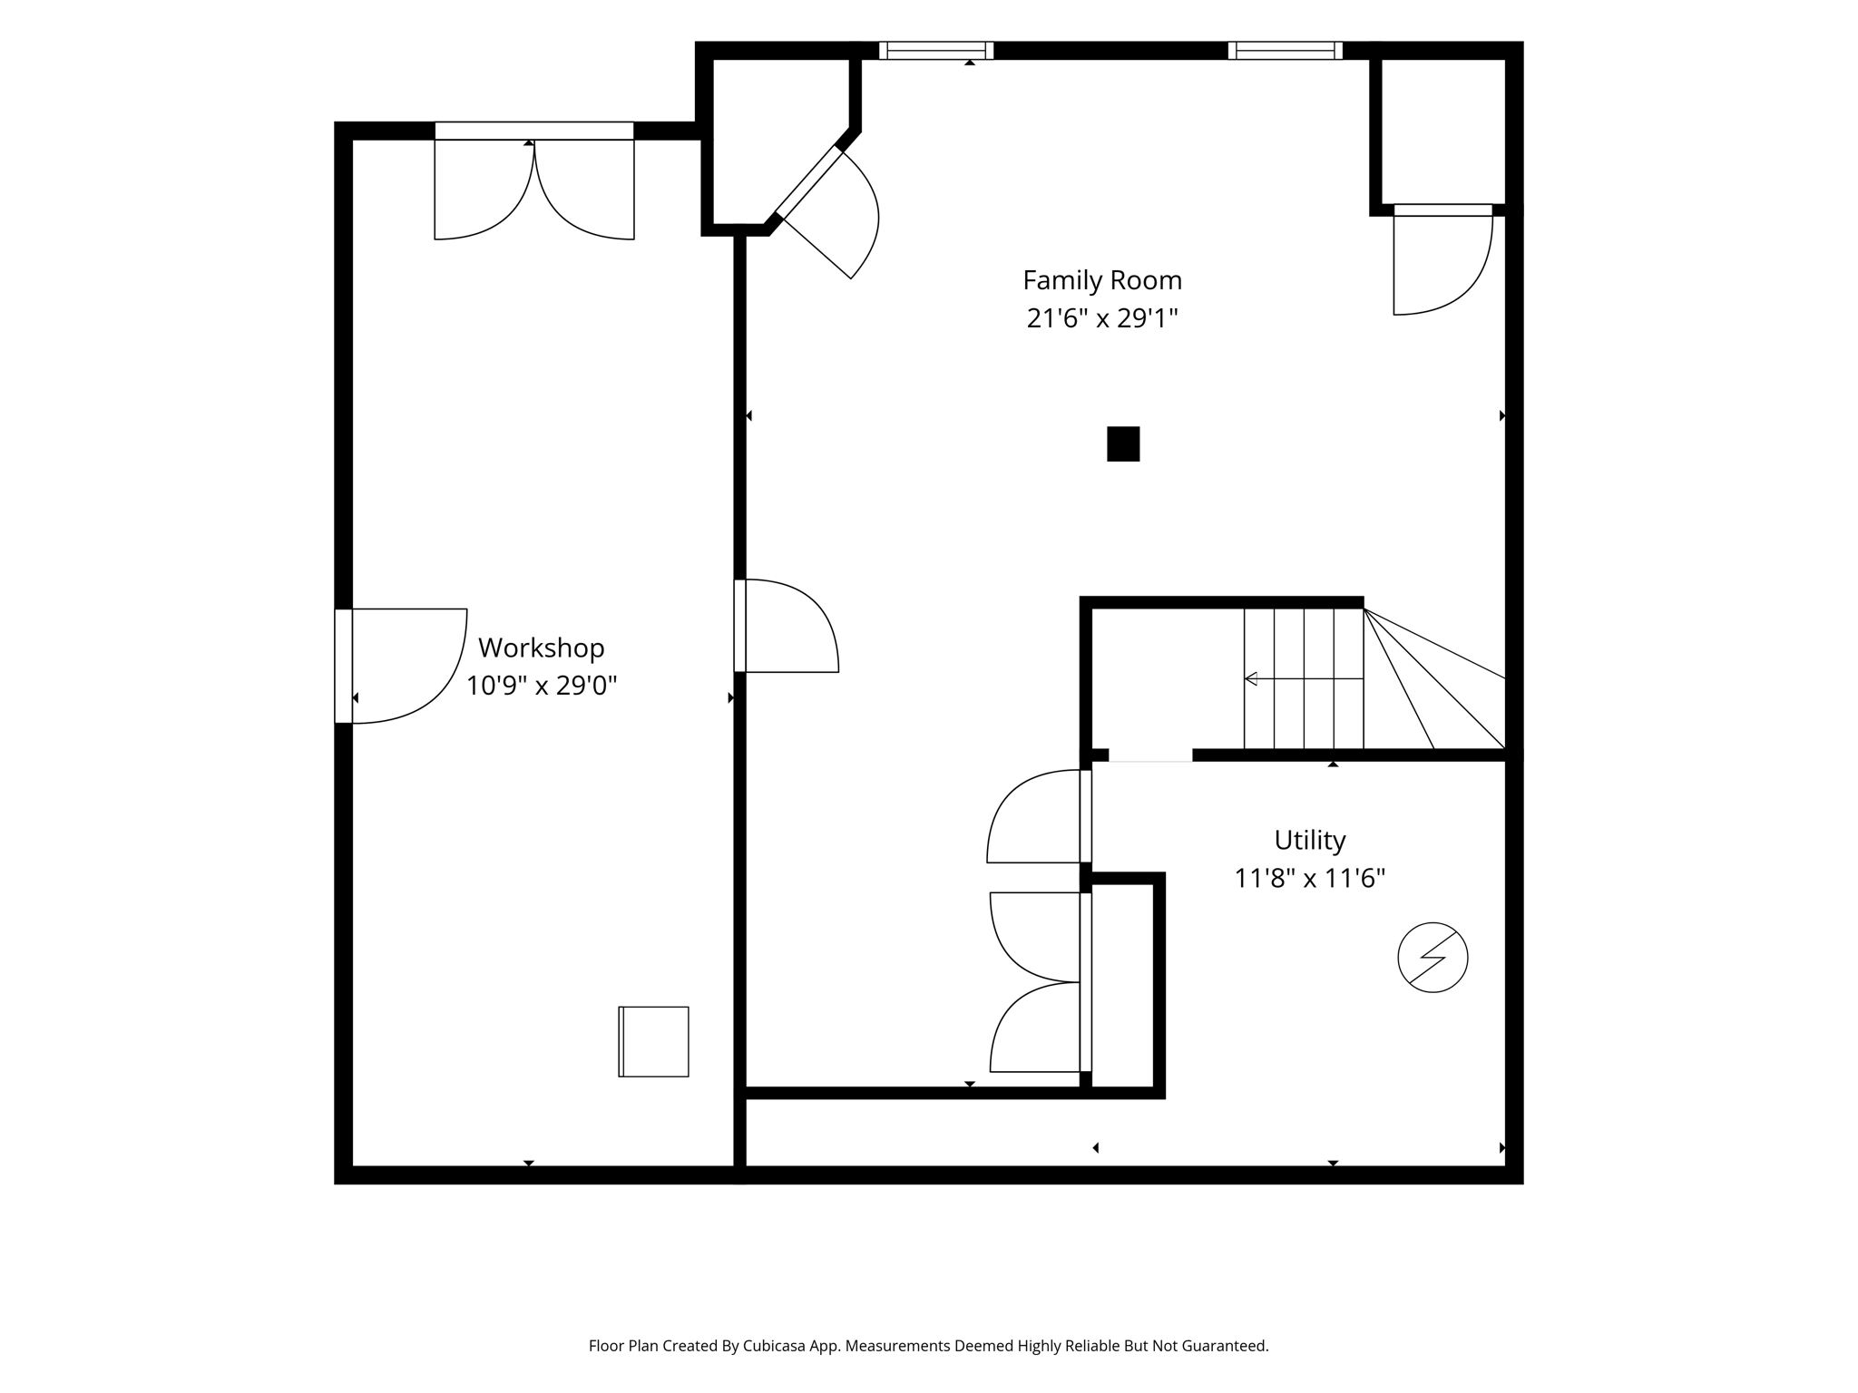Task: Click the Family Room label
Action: [1102, 280]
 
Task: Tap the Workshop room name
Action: [542, 648]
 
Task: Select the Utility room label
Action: [1310, 841]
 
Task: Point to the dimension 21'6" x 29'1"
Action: [1102, 318]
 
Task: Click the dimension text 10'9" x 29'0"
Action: [542, 686]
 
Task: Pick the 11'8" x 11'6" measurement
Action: [1310, 879]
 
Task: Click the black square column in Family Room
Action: [1123, 444]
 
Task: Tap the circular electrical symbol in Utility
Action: [1433, 958]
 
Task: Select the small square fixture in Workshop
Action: [653, 1042]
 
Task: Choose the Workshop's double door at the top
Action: [534, 181]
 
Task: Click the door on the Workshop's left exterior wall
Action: [401, 667]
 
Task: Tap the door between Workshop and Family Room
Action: [787, 626]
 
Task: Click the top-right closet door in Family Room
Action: [1442, 260]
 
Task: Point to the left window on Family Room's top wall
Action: [936, 51]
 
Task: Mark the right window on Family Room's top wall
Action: [1286, 51]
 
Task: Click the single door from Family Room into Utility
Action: [1040, 816]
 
